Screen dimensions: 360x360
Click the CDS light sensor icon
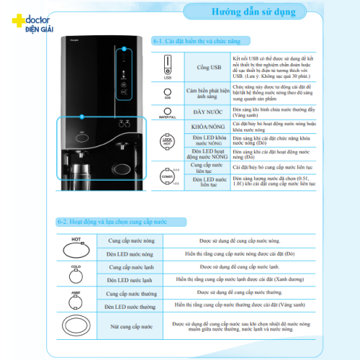168,92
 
